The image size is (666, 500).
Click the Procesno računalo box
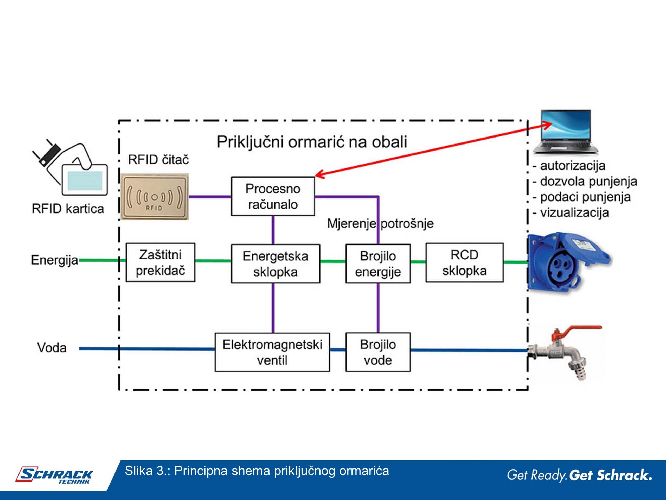pyautogui.click(x=273, y=196)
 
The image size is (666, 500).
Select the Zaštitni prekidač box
pyautogui.click(x=160, y=262)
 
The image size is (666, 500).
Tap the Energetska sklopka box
pyautogui.click(x=276, y=264)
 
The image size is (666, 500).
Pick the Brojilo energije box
pyautogui.click(x=378, y=264)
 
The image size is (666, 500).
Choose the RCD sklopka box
pyautogui.click(x=464, y=262)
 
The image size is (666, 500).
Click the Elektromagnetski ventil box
pyautogui.click(x=272, y=352)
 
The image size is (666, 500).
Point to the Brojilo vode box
pyautogui.click(x=378, y=352)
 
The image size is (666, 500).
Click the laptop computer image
pyautogui.click(x=565, y=132)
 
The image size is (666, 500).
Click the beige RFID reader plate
pyautogui.click(x=155, y=197)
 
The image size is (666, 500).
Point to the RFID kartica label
pyautogui.click(x=68, y=209)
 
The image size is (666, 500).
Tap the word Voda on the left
pyautogui.click(x=52, y=348)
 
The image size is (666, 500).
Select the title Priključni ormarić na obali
pyautogui.click(x=312, y=142)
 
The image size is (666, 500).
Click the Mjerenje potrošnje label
pyautogui.click(x=380, y=224)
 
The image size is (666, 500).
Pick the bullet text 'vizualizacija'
pyautogui.click(x=574, y=213)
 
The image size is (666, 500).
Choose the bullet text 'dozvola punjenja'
pyautogui.click(x=589, y=182)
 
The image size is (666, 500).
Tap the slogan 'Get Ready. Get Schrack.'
pyautogui.click(x=580, y=475)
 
